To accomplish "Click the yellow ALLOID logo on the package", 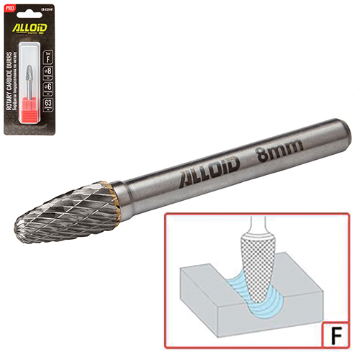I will [x=34, y=32].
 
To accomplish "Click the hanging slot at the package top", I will [x=34, y=10].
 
